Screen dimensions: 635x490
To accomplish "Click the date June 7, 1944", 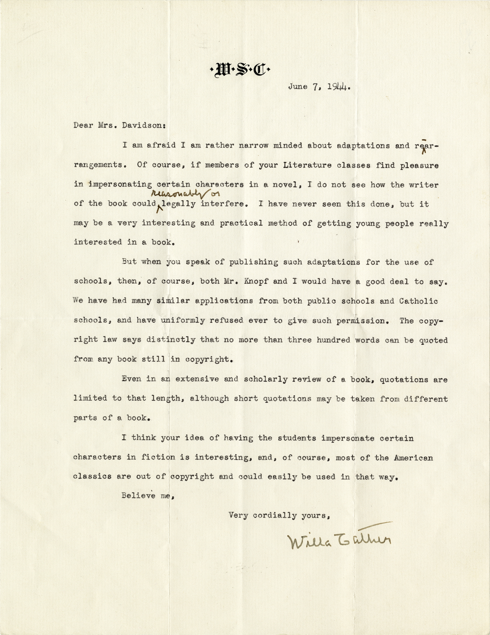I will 320,87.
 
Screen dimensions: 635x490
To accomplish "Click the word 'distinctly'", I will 170,340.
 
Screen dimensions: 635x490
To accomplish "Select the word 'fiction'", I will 158,457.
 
